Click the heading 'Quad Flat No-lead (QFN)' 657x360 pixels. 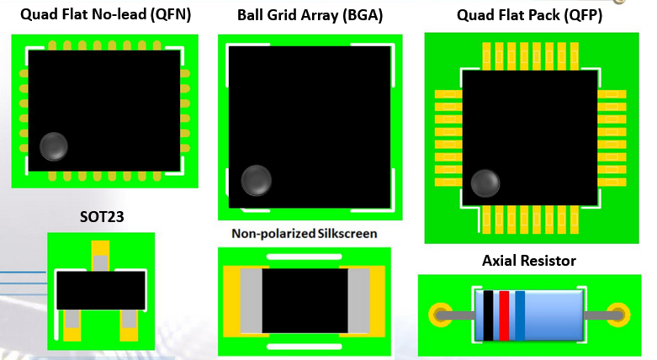tap(104, 14)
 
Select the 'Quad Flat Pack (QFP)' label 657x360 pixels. tap(529, 15)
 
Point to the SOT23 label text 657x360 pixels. tap(101, 217)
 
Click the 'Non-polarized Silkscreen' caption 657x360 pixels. tap(304, 233)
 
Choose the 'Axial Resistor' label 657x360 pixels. tap(529, 261)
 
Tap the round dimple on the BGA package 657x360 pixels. tap(257, 180)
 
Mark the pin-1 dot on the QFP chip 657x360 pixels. tap(485, 183)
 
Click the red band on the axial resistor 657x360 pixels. tap(503, 315)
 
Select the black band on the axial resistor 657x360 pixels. tap(488, 315)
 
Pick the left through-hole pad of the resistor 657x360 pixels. tap(440, 315)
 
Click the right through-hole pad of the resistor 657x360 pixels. tap(618, 315)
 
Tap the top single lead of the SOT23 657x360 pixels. tap(100, 262)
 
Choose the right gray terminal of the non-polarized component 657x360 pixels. tap(358, 299)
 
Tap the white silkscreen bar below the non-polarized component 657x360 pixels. tap(304, 346)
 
